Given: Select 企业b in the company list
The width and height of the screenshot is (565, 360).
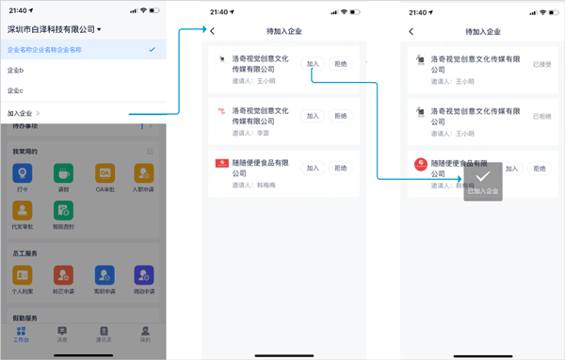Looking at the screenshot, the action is pos(16,70).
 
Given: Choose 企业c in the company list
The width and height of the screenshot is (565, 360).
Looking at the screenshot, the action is pos(16,90).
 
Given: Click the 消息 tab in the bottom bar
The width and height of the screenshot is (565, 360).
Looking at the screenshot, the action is pos(62,333).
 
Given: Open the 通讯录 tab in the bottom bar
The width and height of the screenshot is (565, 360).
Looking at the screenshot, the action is pos(104,333).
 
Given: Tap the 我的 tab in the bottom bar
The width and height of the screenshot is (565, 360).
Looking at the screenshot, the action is pos(144,333).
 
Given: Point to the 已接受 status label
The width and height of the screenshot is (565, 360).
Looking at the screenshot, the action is pos(541,65).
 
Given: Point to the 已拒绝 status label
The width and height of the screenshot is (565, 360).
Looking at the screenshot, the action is pos(541,116).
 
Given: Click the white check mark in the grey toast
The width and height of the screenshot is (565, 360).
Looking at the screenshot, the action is pos(481,177).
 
